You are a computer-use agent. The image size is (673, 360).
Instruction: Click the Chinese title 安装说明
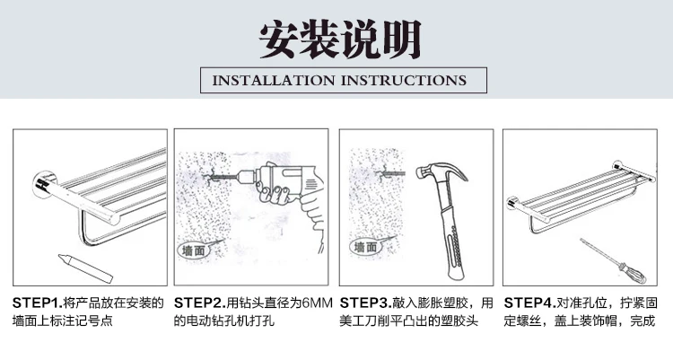[340, 40]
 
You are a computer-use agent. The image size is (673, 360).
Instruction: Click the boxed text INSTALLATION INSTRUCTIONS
[339, 80]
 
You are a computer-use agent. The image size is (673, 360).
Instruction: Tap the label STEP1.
[38, 303]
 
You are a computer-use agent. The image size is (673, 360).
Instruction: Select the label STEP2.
[199, 303]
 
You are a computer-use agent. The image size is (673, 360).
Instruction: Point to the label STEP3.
[365, 303]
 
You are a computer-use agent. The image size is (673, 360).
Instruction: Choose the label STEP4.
[529, 303]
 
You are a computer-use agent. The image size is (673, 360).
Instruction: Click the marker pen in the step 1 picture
[85, 268]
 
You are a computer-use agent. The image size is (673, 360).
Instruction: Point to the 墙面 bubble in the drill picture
[194, 250]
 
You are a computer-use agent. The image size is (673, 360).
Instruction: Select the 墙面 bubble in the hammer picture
[365, 247]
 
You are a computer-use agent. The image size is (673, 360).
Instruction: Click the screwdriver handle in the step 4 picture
[632, 273]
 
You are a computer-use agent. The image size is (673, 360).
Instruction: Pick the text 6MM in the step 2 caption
[318, 303]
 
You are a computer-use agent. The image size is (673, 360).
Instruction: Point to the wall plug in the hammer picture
[389, 173]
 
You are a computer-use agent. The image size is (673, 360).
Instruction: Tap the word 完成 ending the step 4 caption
[642, 320]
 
